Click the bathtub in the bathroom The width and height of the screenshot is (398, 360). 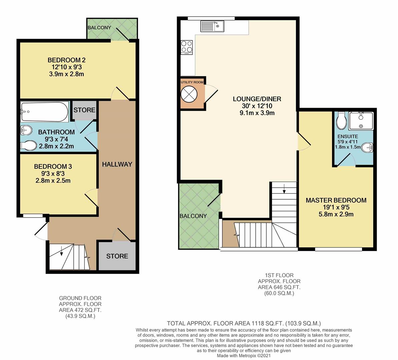44,112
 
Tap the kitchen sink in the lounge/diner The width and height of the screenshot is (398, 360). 212,26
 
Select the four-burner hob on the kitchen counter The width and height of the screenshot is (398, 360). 187,47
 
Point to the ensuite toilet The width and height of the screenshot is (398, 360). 341,121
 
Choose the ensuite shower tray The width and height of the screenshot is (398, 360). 361,121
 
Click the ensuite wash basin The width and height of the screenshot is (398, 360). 367,148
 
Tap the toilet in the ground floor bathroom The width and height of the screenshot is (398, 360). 28,145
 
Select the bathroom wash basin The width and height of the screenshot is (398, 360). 26,130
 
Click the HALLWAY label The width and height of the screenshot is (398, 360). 117,164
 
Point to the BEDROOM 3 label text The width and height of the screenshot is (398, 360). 53,167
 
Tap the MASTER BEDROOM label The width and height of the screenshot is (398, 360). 336,200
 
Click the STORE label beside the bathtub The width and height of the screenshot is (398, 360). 84,110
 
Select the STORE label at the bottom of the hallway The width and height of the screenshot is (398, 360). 117,256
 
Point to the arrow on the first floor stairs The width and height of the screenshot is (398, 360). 284,188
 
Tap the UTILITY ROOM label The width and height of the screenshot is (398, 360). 192,82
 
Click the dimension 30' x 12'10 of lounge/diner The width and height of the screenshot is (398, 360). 257,106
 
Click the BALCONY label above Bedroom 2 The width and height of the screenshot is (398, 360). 99,27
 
